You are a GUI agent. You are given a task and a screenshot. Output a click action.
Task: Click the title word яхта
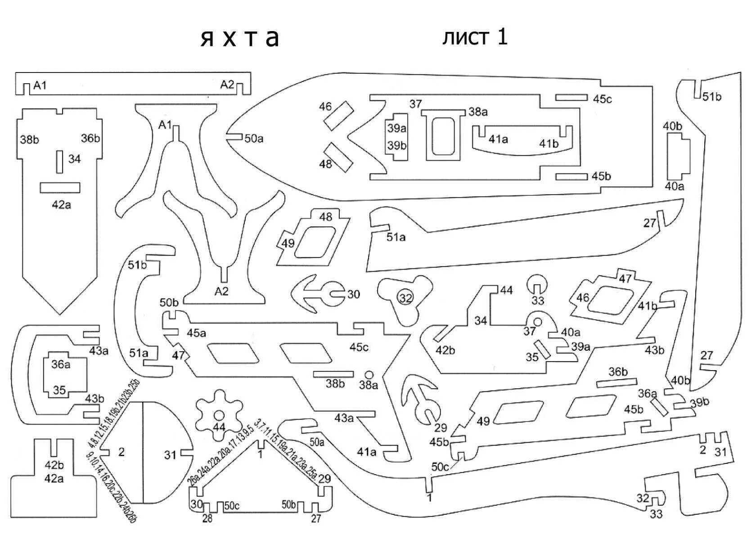pyautogui.click(x=240, y=38)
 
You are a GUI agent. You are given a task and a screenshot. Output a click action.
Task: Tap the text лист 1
pyautogui.click(x=475, y=37)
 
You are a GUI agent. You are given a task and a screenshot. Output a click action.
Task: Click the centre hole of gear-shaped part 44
pyautogui.click(x=219, y=415)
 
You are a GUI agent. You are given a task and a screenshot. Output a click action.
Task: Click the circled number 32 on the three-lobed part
pyautogui.click(x=405, y=298)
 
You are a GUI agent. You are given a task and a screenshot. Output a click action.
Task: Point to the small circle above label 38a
pyautogui.click(x=369, y=375)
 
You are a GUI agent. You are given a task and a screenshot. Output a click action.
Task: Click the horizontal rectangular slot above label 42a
pyautogui.click(x=60, y=187)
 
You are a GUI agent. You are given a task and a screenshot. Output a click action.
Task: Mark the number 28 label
pyautogui.click(x=207, y=518)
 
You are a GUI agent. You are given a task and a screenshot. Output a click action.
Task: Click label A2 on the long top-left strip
pyautogui.click(x=227, y=85)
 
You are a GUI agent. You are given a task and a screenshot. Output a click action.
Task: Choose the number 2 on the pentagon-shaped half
pyautogui.click(x=121, y=452)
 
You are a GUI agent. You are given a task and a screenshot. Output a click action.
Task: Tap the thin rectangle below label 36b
pyautogui.click(x=617, y=383)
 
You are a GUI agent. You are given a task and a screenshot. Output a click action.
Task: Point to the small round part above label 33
pyautogui.click(x=537, y=284)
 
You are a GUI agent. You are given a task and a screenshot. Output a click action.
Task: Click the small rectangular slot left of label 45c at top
pyautogui.click(x=571, y=98)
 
